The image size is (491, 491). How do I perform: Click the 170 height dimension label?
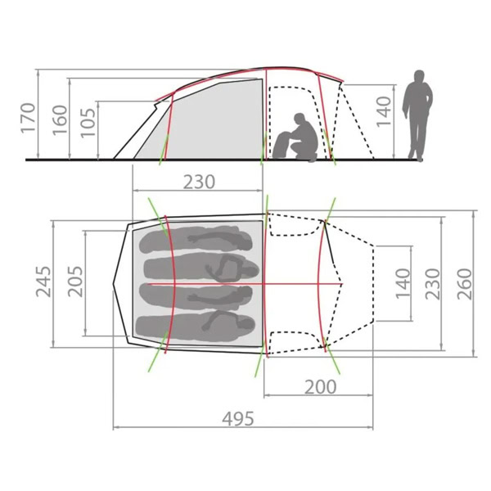pyautogui.click(x=28, y=118)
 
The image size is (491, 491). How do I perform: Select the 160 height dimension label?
pyautogui.click(x=60, y=120)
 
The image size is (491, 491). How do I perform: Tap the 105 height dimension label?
pyautogui.click(x=88, y=123)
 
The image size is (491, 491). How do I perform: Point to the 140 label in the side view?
pyautogui.click(x=384, y=111)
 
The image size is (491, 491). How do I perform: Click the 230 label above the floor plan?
pyautogui.click(x=199, y=182)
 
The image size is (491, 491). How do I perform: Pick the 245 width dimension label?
pyautogui.click(x=43, y=282)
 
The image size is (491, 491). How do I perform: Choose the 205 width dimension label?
pyautogui.click(x=75, y=282)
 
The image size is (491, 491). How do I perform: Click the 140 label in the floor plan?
pyautogui.click(x=403, y=284)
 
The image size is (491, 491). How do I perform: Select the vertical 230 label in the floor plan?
pyautogui.click(x=432, y=284)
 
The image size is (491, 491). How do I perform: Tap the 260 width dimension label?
pyautogui.click(x=464, y=284)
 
